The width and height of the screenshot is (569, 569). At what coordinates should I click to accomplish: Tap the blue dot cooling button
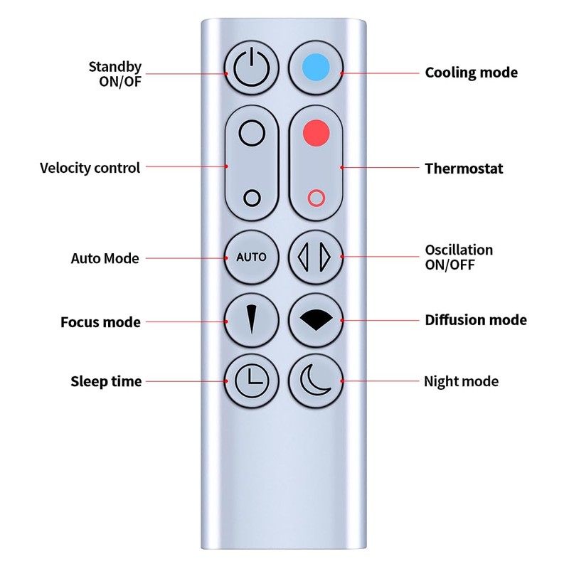pos(316,68)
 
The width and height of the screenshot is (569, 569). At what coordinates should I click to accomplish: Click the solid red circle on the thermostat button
pos(316,132)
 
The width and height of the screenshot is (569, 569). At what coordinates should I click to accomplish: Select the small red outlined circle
pos(316,197)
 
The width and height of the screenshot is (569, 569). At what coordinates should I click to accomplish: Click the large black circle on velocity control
pos(251,132)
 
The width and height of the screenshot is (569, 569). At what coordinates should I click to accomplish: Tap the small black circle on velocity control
pos(251,197)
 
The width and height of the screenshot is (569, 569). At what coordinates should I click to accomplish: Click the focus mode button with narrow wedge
pos(251,320)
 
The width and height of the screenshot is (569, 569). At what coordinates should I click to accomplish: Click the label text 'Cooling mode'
pos(471,73)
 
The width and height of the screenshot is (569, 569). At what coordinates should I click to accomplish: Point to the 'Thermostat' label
pos(464,169)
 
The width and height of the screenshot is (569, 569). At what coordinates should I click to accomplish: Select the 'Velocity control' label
pos(90,168)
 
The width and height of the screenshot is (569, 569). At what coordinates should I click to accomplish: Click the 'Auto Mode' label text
pos(105,258)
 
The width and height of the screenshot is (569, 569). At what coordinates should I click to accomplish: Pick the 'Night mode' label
pos(461,381)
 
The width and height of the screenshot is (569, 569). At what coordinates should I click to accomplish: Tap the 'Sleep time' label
pos(106,381)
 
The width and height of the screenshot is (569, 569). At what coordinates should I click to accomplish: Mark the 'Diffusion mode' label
pos(476,320)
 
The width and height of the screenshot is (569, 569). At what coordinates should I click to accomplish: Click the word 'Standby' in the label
pos(115,67)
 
